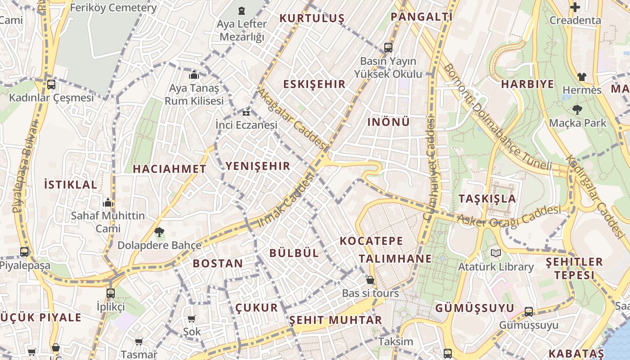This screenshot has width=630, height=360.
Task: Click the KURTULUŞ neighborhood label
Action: pos(312,18)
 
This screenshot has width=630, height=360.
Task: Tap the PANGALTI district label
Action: pos(421,17)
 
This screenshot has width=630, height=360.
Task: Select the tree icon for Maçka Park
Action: pos(577,109)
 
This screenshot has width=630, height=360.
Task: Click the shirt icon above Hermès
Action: pos(582,77)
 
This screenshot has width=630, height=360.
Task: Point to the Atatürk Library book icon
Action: pos(495,253)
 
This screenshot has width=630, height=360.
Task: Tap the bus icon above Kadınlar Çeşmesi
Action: pos(51,84)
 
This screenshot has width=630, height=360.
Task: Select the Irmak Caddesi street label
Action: pos(286,201)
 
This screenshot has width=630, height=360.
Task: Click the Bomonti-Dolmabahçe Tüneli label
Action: pos(497,117)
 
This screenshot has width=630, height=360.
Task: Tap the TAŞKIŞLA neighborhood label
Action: pos(487,198)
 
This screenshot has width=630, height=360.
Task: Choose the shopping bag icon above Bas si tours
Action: pos(370,280)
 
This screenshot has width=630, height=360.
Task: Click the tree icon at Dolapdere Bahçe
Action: pos(159,232)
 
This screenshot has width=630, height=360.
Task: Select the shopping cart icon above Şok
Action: pos(191,319)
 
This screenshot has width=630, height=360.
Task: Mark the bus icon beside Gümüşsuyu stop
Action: pos(529,311)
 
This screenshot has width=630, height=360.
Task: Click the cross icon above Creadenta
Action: pos(575,7)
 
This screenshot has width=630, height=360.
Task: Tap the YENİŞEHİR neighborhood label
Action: pos(258,166)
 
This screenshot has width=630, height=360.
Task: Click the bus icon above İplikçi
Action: pos(110,293)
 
